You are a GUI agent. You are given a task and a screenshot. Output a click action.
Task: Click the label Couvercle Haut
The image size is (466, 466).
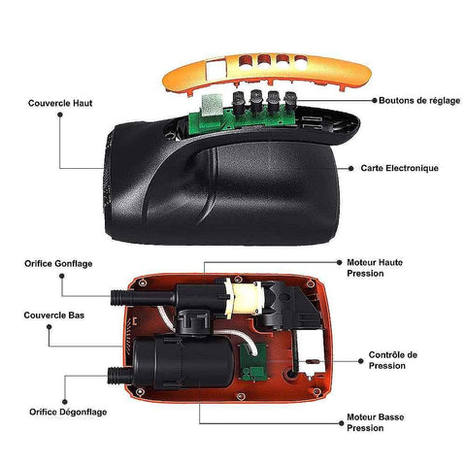coord(60,103)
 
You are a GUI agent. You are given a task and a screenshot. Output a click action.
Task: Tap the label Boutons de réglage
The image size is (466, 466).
coord(419,101)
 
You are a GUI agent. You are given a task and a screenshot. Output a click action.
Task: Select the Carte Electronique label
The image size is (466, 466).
coord(400,168)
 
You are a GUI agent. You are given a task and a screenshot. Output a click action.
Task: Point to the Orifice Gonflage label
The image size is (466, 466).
coord(58,264)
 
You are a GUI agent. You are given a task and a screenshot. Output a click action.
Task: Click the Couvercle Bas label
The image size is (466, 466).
coord(54,316)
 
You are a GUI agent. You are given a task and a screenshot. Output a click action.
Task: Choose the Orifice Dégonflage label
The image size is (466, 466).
coord(68,412)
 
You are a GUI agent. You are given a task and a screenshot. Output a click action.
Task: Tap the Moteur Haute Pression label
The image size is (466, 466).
coord(375,268)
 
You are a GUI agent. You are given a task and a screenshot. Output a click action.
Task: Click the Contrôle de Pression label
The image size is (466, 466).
coord(393,360)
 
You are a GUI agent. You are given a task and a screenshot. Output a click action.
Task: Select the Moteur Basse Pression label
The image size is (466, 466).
coord(376,422)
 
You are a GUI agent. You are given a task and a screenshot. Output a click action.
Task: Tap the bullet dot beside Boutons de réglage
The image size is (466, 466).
coord(375,101)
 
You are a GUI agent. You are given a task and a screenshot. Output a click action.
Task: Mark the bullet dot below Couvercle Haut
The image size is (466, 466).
coord(60,115)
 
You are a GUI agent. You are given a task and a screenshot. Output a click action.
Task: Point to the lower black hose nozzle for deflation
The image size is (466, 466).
coord(119,376)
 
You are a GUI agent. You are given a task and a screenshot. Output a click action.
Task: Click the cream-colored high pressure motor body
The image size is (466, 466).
coord(247,298)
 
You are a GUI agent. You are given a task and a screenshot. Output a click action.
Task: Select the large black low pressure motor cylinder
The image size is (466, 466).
coord(183,362)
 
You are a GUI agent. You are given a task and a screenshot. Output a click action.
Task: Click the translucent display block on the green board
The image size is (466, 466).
coord(213,105)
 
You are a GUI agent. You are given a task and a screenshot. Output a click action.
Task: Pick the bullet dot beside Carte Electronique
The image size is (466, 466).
coord(351,168)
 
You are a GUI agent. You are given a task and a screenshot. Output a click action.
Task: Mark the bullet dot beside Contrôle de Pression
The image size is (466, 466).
coord(361,361)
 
